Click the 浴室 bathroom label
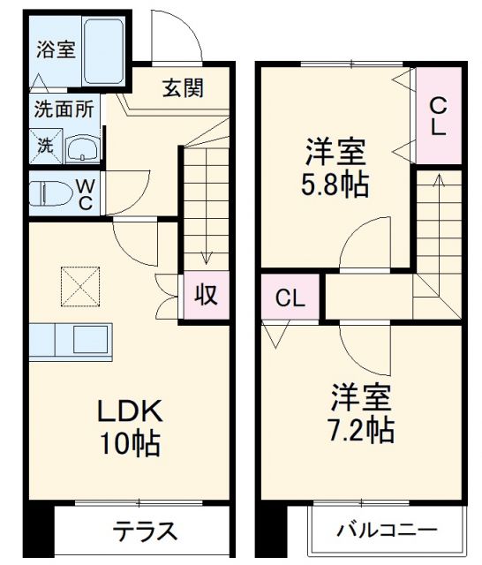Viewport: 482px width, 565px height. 55,49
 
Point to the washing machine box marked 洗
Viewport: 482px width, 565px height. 43,146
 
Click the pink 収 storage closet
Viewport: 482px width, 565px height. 205,296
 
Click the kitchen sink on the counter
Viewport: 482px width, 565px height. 90,340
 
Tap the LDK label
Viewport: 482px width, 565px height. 128,411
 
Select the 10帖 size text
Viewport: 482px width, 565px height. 129,444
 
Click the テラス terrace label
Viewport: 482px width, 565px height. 145,532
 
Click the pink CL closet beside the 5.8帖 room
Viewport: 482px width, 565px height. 438,115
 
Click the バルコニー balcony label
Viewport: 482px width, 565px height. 386,531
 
